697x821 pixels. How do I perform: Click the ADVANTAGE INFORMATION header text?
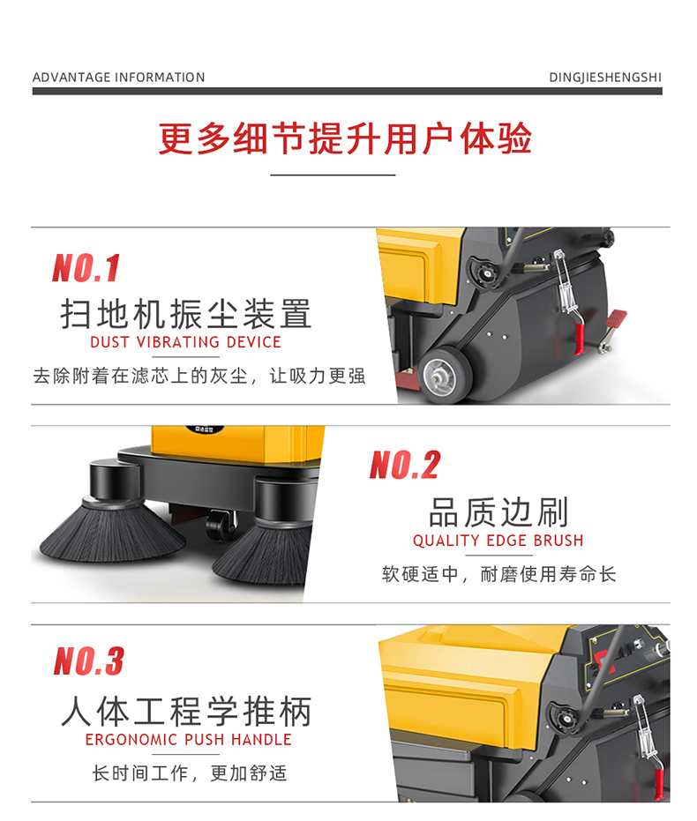click(x=118, y=78)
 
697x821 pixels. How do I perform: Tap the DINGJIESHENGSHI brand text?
click(x=605, y=78)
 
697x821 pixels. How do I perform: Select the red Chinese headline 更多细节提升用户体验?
click(x=345, y=138)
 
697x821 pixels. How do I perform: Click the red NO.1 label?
click(x=86, y=267)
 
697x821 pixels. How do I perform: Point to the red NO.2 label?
click(x=405, y=465)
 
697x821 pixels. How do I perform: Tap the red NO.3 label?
click(x=89, y=661)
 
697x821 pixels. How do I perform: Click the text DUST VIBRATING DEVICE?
click(x=186, y=342)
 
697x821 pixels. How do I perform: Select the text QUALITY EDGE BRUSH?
click(x=498, y=541)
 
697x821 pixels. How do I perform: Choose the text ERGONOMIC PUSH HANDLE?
click(x=189, y=739)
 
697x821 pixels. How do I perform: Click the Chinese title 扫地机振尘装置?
click(x=186, y=314)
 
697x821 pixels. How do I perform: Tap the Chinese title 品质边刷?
click(x=498, y=512)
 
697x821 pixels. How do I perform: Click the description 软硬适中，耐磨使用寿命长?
click(x=498, y=574)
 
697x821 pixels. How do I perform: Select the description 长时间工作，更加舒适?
click(x=190, y=772)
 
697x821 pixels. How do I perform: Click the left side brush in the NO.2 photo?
click(x=112, y=529)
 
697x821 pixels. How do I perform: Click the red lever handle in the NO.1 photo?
click(x=579, y=339)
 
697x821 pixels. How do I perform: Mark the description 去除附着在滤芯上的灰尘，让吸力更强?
click(x=199, y=376)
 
